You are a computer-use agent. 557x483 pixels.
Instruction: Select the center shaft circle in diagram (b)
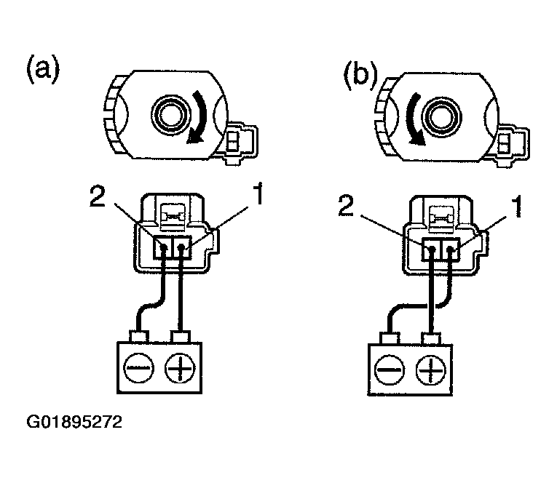tap(439, 116)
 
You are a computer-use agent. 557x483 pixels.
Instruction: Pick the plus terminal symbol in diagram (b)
tap(431, 370)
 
